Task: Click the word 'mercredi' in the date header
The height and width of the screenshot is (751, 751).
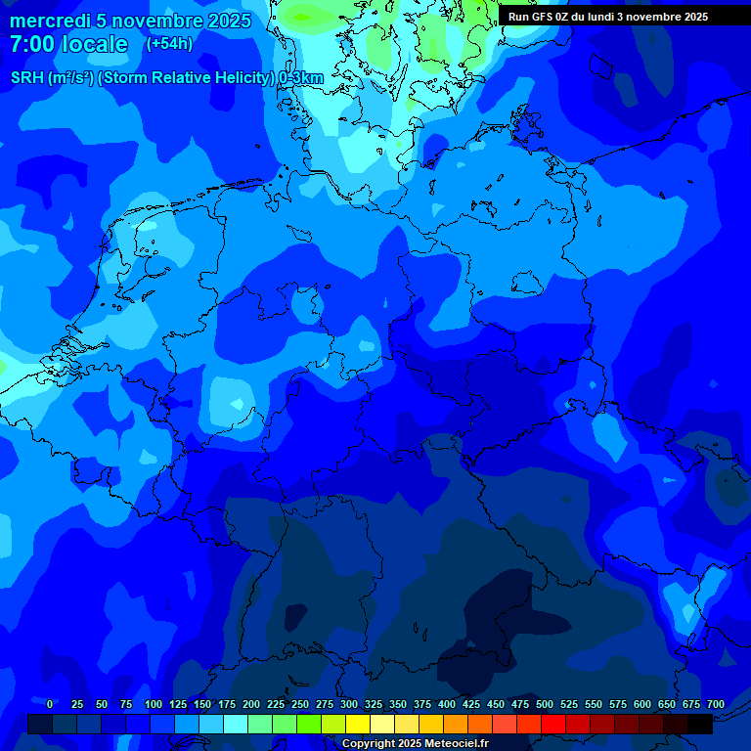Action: point(50,21)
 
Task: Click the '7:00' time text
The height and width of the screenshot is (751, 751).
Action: point(31,44)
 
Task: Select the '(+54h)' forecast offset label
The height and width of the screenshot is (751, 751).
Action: point(169,44)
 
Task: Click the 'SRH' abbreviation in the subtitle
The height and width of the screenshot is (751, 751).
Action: point(27,78)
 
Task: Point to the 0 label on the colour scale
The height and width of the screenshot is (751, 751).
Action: point(50,704)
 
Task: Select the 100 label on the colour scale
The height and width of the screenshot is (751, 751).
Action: point(154,704)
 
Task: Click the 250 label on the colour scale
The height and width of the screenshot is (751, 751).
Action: point(300,704)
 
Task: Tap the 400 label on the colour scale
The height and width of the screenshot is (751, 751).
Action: point(447,704)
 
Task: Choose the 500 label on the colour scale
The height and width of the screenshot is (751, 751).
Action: point(545,704)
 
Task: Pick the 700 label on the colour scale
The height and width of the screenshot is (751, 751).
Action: point(716,704)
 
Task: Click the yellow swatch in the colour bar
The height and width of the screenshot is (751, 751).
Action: point(358,724)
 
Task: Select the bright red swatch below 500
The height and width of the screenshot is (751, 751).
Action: point(553,724)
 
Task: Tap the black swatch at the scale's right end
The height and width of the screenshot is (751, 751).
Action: point(700,724)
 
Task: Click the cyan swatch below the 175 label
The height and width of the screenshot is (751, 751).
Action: point(236,724)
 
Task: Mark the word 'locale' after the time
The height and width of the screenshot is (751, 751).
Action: point(95,44)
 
